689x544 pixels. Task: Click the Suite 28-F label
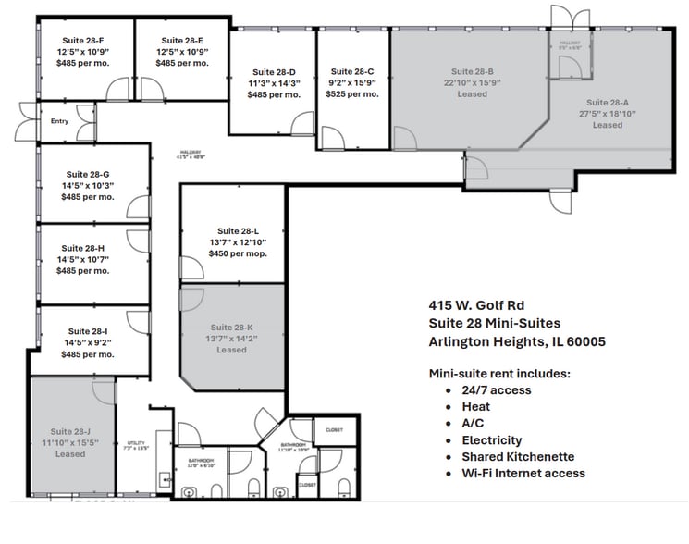click(x=83, y=41)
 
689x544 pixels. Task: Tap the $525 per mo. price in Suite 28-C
click(x=352, y=93)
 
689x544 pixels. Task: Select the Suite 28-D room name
click(x=274, y=71)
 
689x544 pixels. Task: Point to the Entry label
click(x=60, y=120)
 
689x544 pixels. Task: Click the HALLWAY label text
click(x=191, y=154)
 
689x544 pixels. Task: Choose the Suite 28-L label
click(x=238, y=230)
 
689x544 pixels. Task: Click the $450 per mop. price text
click(x=238, y=253)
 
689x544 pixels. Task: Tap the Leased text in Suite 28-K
click(x=231, y=350)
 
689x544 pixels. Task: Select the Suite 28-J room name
click(x=70, y=431)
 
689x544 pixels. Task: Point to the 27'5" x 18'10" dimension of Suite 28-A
click(x=608, y=114)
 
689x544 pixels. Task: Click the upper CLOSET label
click(x=334, y=429)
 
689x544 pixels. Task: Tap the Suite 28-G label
click(x=88, y=174)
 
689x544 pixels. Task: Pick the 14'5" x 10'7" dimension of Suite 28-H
click(x=83, y=260)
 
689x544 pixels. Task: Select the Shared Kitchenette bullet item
click(x=518, y=456)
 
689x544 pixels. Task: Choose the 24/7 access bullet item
click(x=496, y=389)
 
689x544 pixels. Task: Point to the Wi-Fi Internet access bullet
click(x=523, y=473)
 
